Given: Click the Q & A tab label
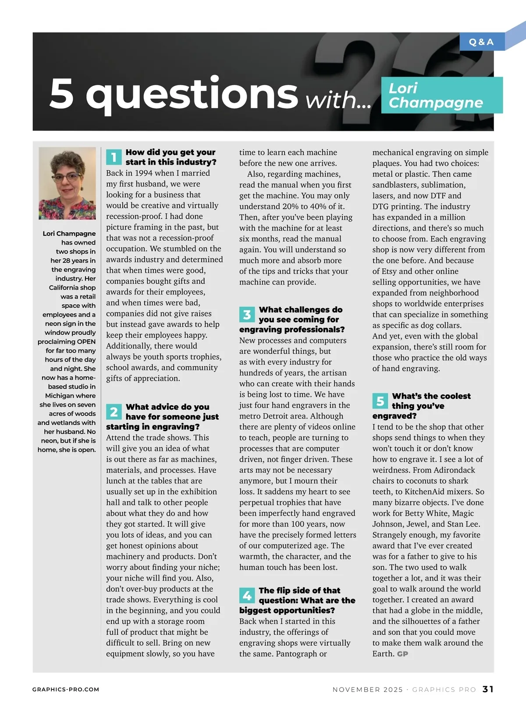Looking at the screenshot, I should tap(481, 42).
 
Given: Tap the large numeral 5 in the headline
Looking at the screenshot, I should tap(62, 94).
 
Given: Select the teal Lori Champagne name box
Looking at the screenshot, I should tap(441, 95).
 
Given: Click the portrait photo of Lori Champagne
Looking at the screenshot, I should tap(67, 183).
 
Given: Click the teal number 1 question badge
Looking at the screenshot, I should tap(114, 157).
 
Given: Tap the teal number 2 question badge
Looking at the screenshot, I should tap(114, 412).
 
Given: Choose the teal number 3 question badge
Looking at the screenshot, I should tap(247, 315).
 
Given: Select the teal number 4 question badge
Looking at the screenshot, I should tap(247, 596).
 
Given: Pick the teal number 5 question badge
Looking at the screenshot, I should tap(380, 401).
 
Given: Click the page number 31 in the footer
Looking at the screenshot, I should tap(488, 689).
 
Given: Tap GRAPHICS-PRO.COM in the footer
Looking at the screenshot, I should tap(66, 690).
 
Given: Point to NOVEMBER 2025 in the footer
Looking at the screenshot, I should tap(367, 690).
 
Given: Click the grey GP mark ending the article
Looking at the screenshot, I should tap(402, 654).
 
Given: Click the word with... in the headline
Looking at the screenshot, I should tap(338, 100).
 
